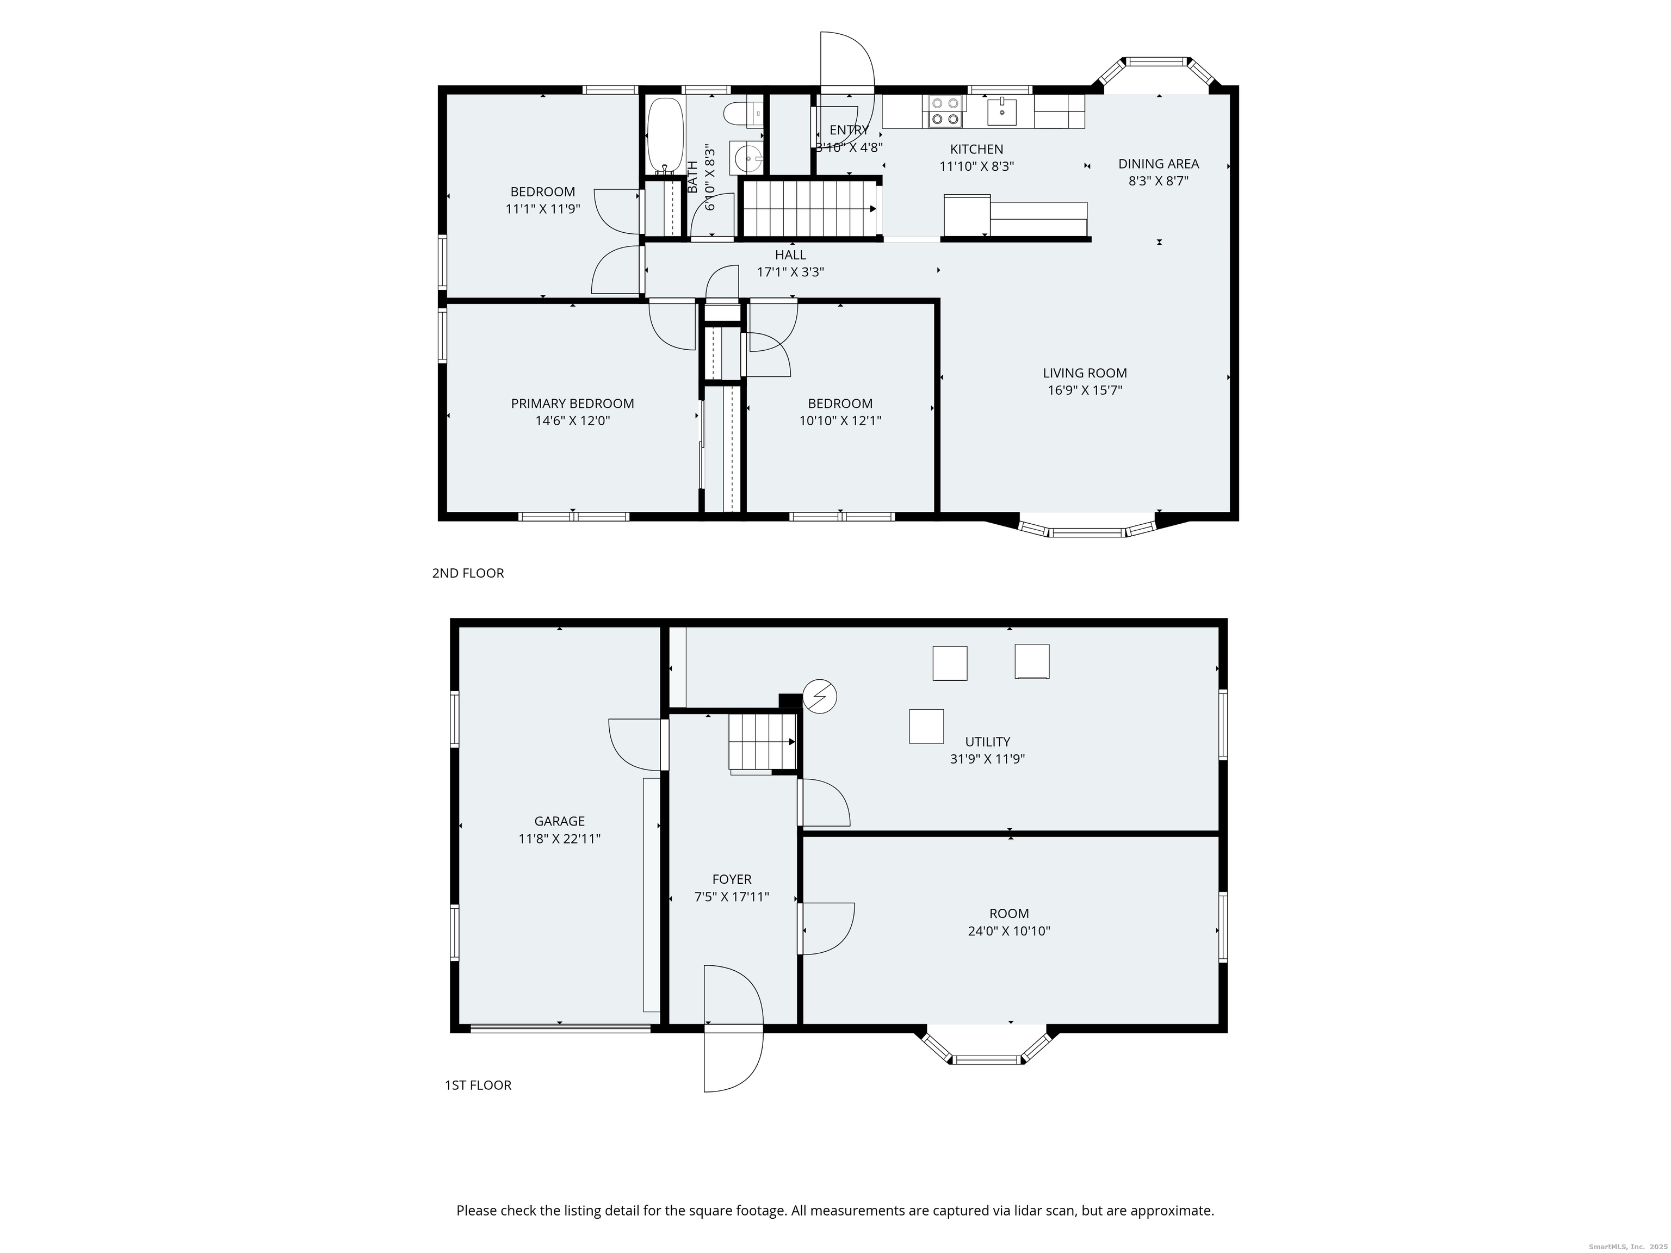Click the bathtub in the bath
(x=666, y=136)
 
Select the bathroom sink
(x=747, y=158)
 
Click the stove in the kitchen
(x=945, y=111)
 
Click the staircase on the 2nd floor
(x=809, y=208)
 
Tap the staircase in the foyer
(x=762, y=744)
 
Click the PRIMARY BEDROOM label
(x=573, y=404)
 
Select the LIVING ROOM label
(x=1085, y=373)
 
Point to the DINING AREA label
(x=1158, y=164)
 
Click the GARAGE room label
(x=560, y=821)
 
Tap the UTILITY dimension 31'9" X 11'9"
(x=987, y=759)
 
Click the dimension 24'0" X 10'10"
(x=1009, y=931)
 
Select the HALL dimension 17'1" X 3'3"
(x=790, y=272)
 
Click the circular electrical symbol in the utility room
(x=820, y=696)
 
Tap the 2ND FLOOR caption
(x=468, y=573)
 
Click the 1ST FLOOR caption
(x=478, y=1085)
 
